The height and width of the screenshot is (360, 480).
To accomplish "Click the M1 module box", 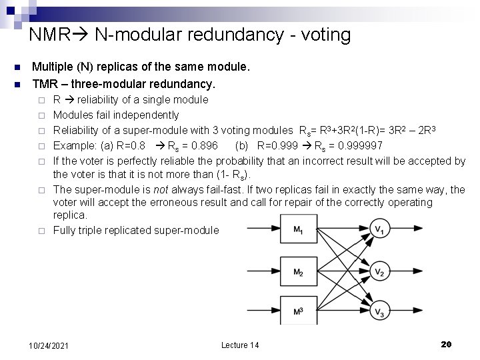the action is [x=299, y=231].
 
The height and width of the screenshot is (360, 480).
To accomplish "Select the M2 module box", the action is [x=299, y=272].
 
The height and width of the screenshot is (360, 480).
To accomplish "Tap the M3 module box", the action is [x=299, y=311].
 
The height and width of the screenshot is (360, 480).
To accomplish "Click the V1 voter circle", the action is [x=379, y=231].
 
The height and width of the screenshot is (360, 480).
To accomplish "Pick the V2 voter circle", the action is [x=379, y=272].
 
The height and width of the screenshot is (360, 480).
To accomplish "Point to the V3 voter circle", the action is [x=379, y=312].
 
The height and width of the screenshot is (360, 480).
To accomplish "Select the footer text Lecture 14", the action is [x=240, y=345].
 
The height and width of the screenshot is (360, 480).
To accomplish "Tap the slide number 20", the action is [x=446, y=344].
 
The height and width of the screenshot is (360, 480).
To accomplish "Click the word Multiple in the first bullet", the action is [x=54, y=67].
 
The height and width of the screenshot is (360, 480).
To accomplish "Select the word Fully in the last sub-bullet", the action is [x=65, y=231].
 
